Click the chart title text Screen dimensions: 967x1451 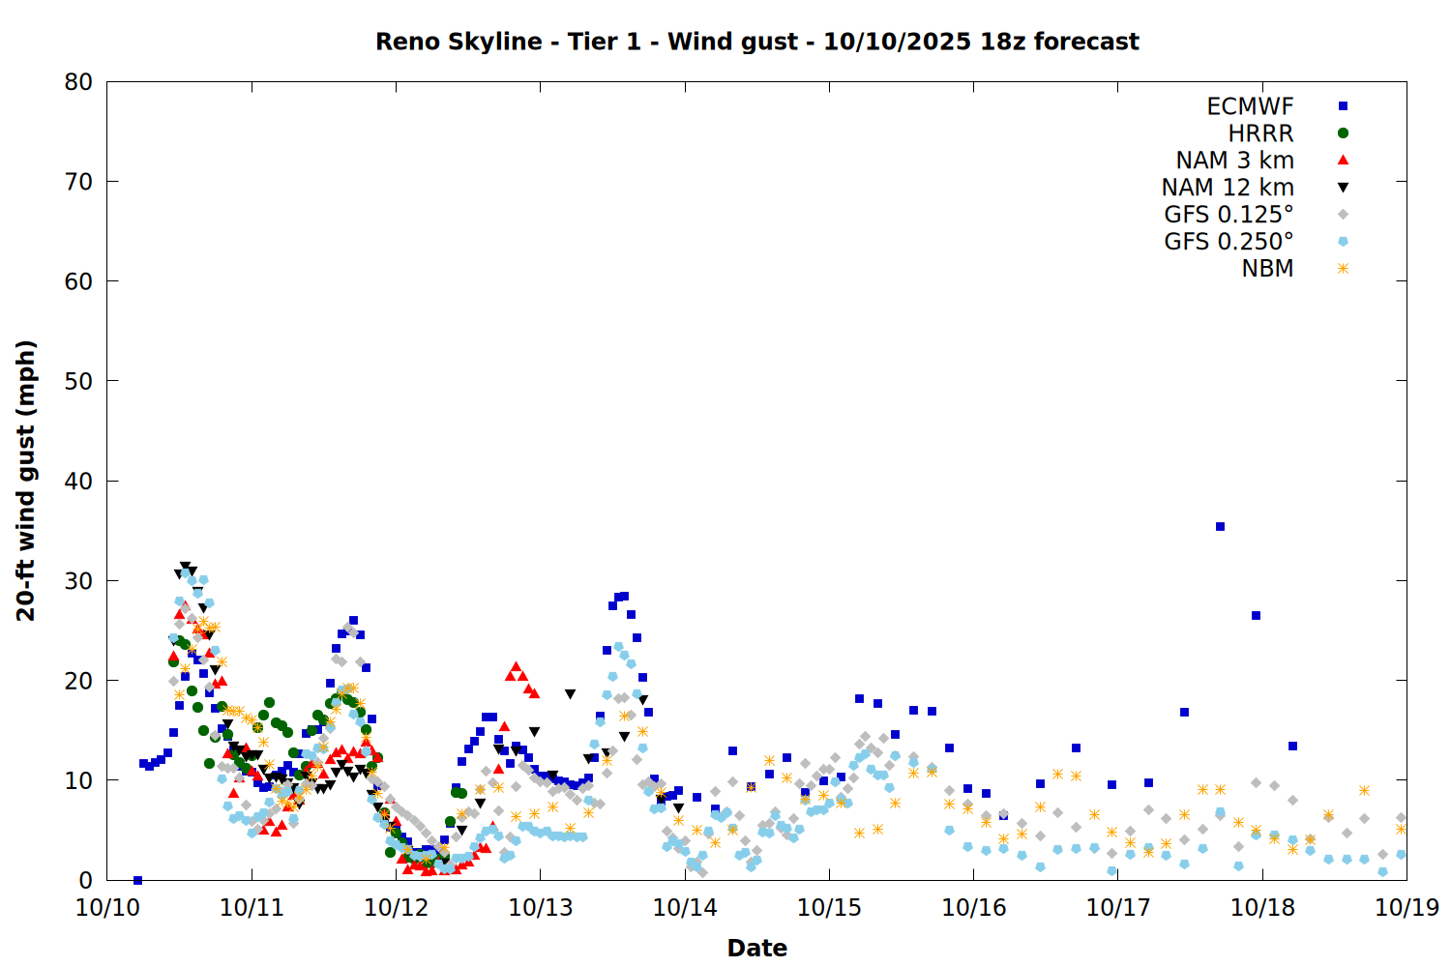point(756,42)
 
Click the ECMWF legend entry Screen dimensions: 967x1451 point(1250,106)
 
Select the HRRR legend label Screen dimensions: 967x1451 point(1260,133)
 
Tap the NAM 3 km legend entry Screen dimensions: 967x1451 point(1234,161)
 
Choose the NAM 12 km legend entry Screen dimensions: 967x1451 point(1228,188)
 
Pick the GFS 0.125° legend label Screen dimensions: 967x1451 point(1229,215)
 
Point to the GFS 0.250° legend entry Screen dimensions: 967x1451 point(1229,242)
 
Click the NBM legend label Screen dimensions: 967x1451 point(1267,269)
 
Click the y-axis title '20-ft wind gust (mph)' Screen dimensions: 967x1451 point(26,481)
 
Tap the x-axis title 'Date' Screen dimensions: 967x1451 point(756,948)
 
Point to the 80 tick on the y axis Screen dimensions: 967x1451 point(79,82)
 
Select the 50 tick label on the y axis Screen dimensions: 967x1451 point(79,381)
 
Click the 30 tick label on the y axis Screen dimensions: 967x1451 point(79,581)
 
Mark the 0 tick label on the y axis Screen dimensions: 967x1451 point(86,880)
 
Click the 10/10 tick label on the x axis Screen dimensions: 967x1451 point(107,907)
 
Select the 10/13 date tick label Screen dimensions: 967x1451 point(541,907)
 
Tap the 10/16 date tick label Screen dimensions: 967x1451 point(974,907)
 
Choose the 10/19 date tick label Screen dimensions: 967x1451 point(1407,907)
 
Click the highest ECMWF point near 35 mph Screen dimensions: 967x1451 point(1220,527)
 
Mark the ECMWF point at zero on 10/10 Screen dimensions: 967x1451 point(137,880)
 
